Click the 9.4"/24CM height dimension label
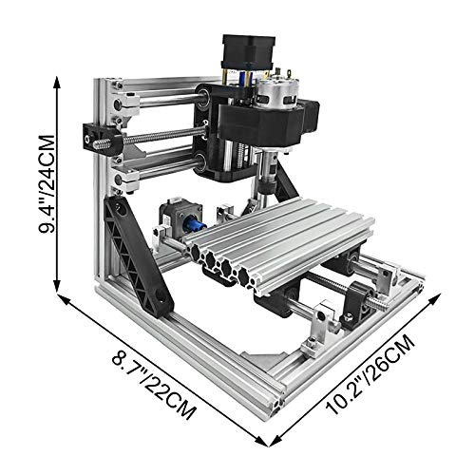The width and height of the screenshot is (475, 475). (47, 184)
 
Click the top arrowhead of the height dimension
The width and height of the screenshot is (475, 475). (57, 84)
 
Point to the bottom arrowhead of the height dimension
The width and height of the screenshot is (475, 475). (57, 283)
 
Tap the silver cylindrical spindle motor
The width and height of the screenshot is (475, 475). (275, 94)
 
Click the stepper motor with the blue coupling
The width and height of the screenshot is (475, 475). (180, 219)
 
